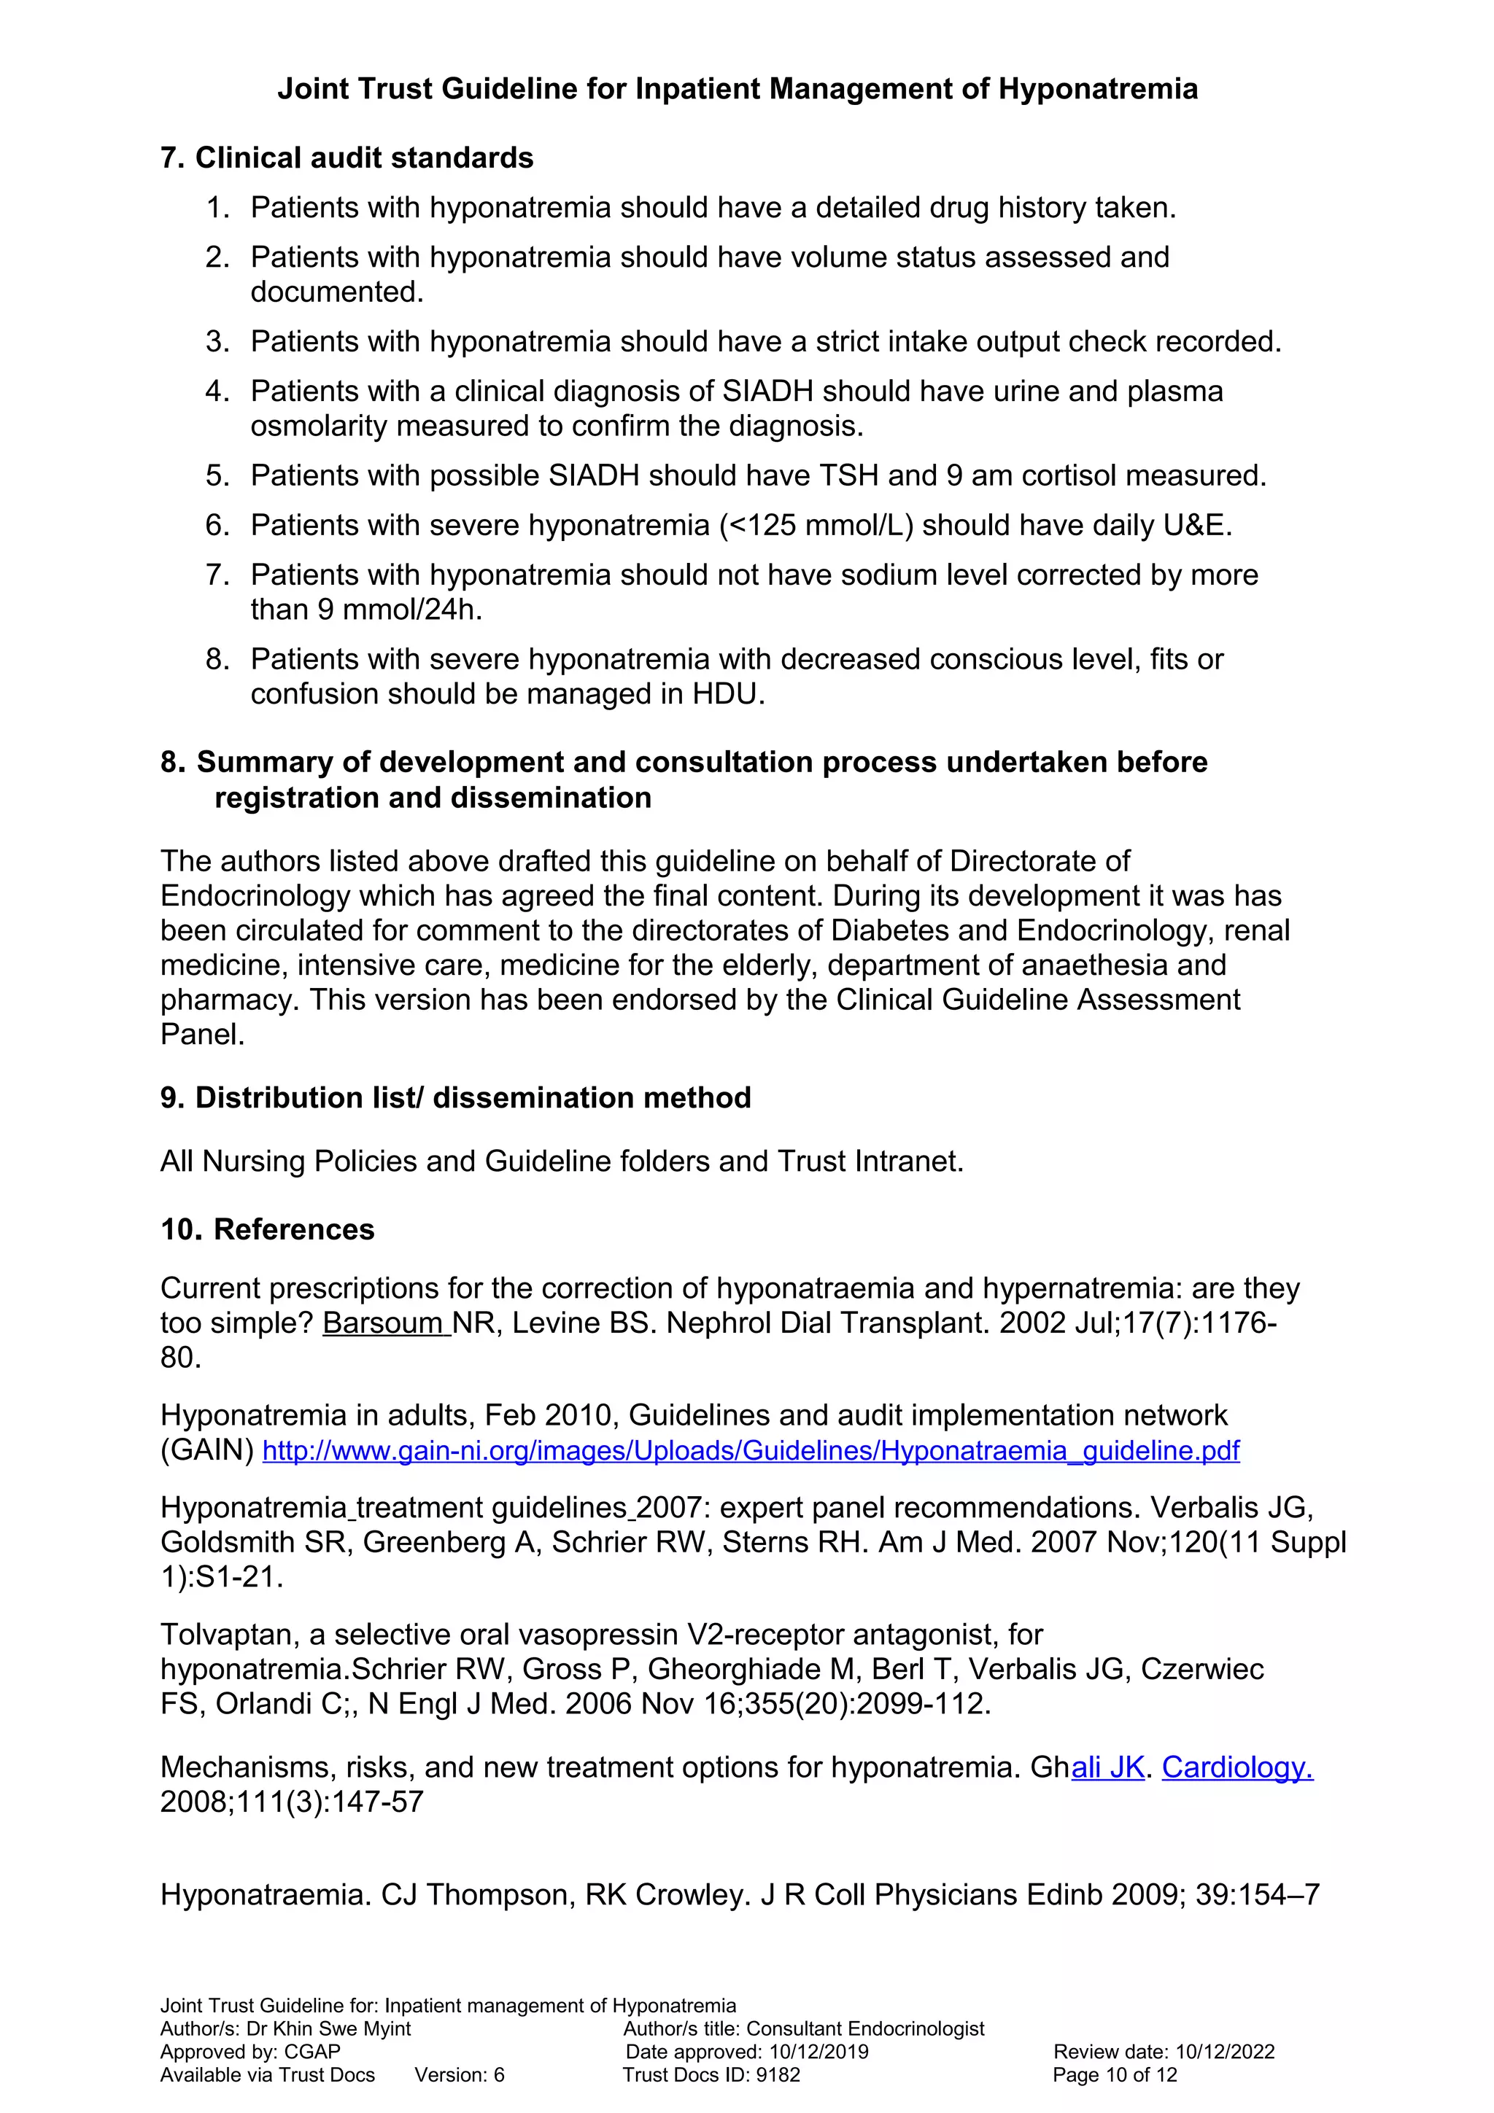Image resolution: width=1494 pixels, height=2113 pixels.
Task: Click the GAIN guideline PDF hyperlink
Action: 750,1451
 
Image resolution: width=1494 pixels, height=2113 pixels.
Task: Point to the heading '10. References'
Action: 267,1229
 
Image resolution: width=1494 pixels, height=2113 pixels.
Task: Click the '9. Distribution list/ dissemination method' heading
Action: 454,1098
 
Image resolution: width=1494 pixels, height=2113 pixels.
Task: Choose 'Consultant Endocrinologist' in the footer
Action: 865,2029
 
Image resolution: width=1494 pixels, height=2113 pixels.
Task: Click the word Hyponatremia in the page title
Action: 1097,89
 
